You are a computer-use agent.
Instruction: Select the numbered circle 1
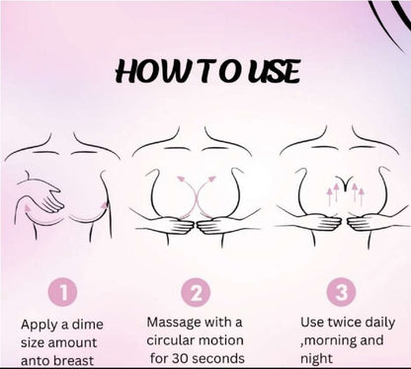pyautogui.click(x=62, y=292)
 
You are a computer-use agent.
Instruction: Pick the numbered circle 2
pyautogui.click(x=196, y=292)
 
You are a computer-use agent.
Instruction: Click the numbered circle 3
pyautogui.click(x=341, y=292)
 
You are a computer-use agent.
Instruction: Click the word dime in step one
pyautogui.click(x=88, y=325)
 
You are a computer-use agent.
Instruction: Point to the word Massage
pyautogui.click(x=174, y=323)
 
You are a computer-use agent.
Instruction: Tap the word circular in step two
pyautogui.click(x=170, y=340)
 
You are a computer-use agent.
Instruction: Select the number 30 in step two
pyautogui.click(x=181, y=358)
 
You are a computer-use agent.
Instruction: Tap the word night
pyautogui.click(x=316, y=359)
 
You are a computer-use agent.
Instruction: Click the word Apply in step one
pyautogui.click(x=40, y=326)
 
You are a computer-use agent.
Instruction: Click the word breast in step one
pyautogui.click(x=73, y=360)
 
